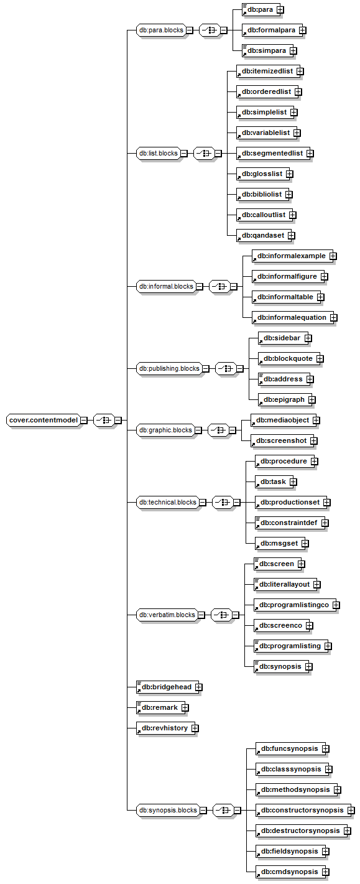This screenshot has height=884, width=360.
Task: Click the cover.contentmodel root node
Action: pos(44,420)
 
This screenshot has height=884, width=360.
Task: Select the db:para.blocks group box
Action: pos(161,30)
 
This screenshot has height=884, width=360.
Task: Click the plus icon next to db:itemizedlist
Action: pos(300,71)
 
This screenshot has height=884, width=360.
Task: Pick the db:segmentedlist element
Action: pos(272,153)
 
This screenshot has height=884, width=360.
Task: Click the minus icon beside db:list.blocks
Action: pos(184,153)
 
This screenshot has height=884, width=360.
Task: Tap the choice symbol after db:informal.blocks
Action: pos(219,286)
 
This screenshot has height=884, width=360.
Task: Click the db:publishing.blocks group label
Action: pos(169,368)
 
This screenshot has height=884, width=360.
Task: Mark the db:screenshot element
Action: pos(281,440)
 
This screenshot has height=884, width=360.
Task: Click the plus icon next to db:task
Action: pos(293,482)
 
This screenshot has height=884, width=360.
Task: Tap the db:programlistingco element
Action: pos(293,605)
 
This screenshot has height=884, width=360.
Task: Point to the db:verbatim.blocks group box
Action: pos(167,615)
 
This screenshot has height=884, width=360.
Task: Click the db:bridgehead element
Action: pos(166,687)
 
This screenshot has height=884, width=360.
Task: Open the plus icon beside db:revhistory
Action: pos(195,728)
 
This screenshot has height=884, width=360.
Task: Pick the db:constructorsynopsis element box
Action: pos(302,810)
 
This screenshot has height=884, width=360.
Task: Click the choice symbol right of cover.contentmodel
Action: pos(104,420)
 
